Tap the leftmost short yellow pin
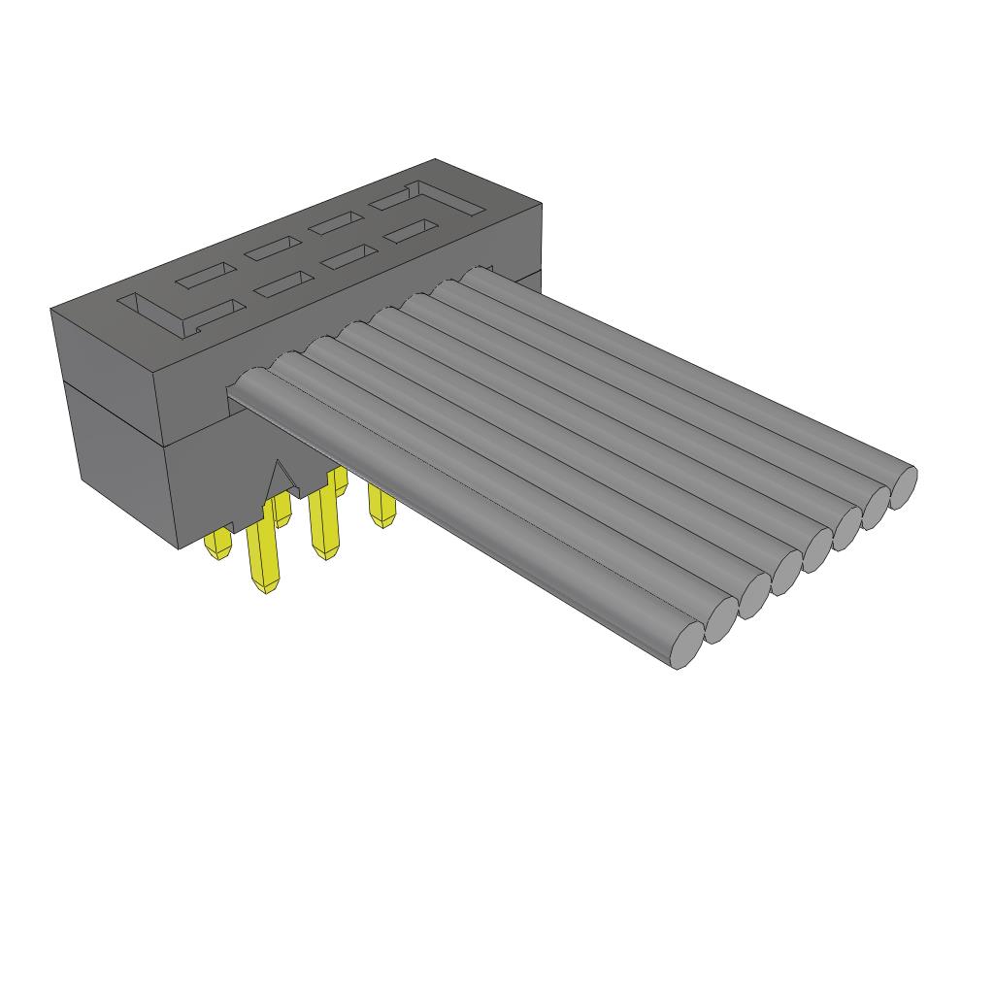pyautogui.click(x=218, y=546)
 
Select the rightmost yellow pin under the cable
pyautogui.click(x=381, y=506)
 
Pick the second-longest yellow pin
pyautogui.click(x=320, y=525)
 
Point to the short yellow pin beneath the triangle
pyautogui.click(x=282, y=510)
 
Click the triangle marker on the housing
pyautogui.click(x=282, y=479)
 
